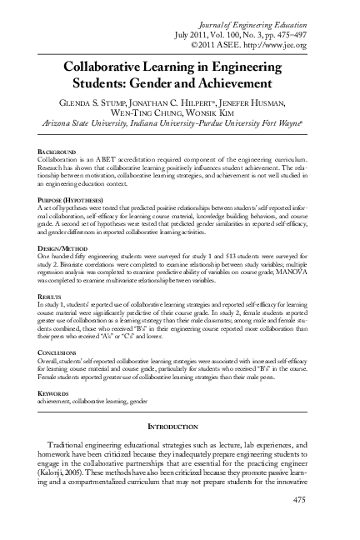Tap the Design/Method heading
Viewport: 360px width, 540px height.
pyautogui.click(x=63, y=247)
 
